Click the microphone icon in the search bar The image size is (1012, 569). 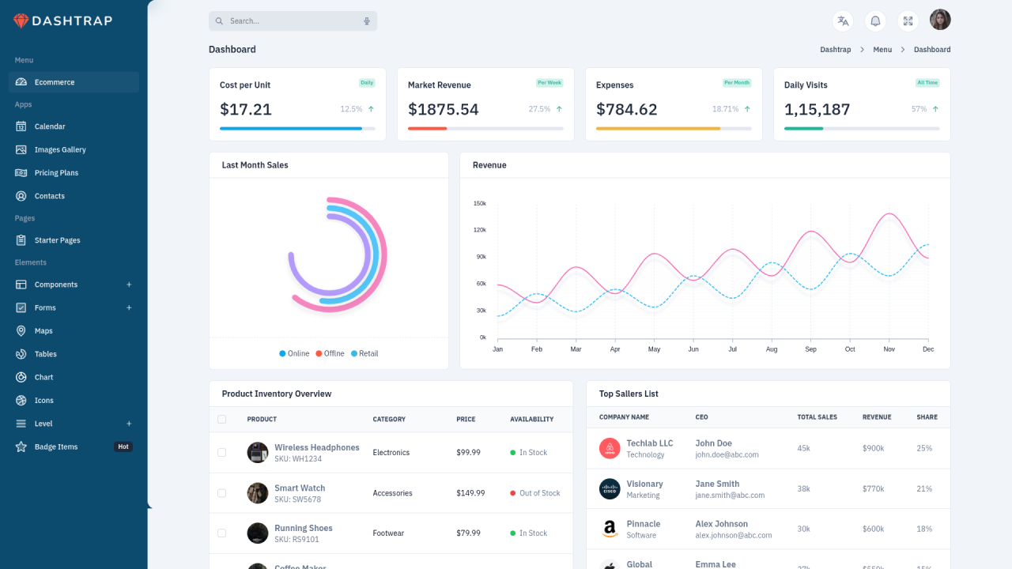click(367, 21)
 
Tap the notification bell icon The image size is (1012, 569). click(875, 21)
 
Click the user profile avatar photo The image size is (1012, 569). click(940, 20)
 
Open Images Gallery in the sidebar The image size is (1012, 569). click(60, 149)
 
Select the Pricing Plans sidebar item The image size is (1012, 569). click(56, 172)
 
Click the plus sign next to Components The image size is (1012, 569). click(129, 284)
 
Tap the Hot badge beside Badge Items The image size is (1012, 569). click(123, 447)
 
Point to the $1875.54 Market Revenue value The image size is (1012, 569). click(443, 110)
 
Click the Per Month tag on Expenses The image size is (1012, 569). click(736, 83)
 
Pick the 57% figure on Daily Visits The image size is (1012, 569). click(919, 109)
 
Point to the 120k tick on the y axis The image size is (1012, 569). click(479, 230)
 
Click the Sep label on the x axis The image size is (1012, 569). click(810, 349)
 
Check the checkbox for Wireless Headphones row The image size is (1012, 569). click(221, 453)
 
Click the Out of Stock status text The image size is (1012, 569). click(539, 493)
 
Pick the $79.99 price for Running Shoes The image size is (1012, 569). click(468, 533)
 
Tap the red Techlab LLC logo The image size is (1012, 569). click(610, 449)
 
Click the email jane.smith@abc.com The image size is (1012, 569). click(730, 496)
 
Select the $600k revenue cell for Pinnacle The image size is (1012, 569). click(873, 529)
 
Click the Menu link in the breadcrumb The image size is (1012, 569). click(882, 50)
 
